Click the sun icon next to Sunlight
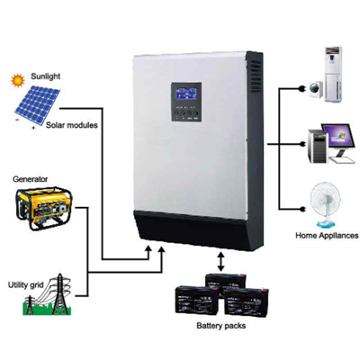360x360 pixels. pyautogui.click(x=17, y=80)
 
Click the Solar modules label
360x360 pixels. pyautogui.click(x=72, y=125)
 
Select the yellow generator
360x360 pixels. pyautogui.click(x=44, y=208)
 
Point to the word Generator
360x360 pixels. pyautogui.click(x=30, y=179)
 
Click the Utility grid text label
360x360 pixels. pyautogui.click(x=26, y=284)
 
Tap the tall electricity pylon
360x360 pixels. pyautogui.click(x=59, y=294)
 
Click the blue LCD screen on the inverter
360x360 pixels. pyautogui.click(x=186, y=94)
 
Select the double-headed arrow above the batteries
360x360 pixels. pyautogui.click(x=221, y=262)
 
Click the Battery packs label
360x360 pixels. pyautogui.click(x=221, y=326)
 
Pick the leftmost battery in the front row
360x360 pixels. pyautogui.click(x=197, y=301)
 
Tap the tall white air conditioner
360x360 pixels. pyautogui.click(x=334, y=74)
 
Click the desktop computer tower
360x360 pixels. pyautogui.click(x=319, y=147)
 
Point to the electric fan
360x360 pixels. pyautogui.click(x=326, y=205)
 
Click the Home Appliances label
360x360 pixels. pyautogui.click(x=327, y=235)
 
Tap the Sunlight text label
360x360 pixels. pyautogui.click(x=46, y=76)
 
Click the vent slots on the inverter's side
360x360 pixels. pyautogui.click(x=256, y=76)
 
